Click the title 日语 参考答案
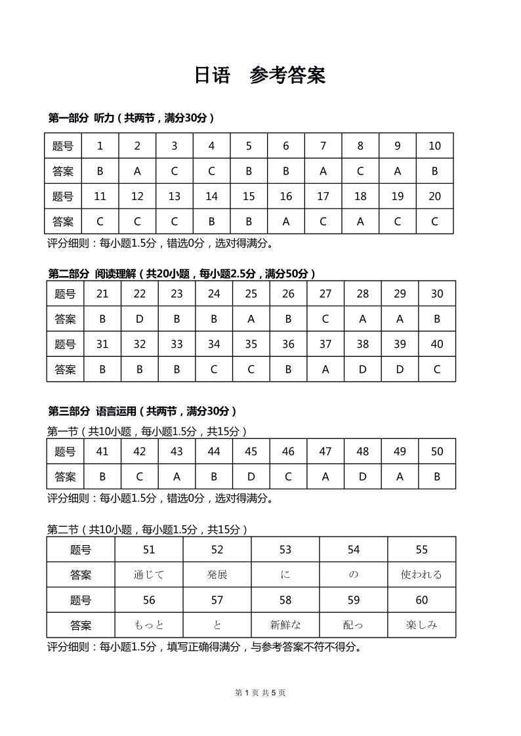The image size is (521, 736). (260, 75)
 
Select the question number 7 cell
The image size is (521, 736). (323, 146)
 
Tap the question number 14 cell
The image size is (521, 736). (211, 196)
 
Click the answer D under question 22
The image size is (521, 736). (140, 319)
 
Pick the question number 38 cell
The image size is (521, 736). (363, 344)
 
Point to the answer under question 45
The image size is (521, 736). (251, 476)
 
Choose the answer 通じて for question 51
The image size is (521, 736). (149, 575)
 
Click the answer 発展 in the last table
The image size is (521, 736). (217, 575)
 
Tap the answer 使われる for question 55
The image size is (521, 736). (421, 575)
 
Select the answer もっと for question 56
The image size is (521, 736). (149, 625)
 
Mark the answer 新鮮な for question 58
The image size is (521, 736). (285, 625)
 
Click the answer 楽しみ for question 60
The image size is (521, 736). (421, 625)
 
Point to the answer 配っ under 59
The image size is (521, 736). (354, 625)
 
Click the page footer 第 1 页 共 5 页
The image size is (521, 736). (260, 693)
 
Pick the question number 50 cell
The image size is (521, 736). (437, 451)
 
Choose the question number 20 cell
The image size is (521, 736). (434, 196)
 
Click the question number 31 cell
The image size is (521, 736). (102, 344)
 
